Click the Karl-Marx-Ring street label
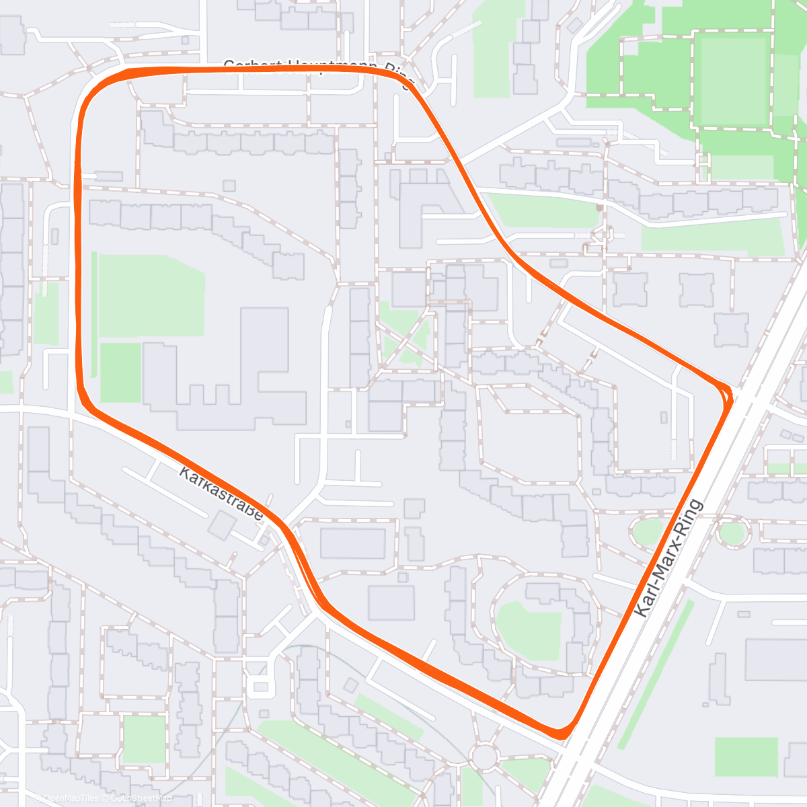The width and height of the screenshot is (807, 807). coord(669,558)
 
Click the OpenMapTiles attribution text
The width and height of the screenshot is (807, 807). coord(71,798)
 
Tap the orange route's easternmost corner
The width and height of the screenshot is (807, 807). coord(728,393)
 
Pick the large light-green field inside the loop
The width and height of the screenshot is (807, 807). coord(151,296)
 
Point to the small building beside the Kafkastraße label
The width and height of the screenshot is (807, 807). coord(221,525)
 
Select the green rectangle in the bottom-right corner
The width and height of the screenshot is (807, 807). coord(746,757)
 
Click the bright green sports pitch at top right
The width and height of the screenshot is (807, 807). coord(733,81)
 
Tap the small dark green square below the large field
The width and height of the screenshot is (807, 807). coord(120,373)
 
